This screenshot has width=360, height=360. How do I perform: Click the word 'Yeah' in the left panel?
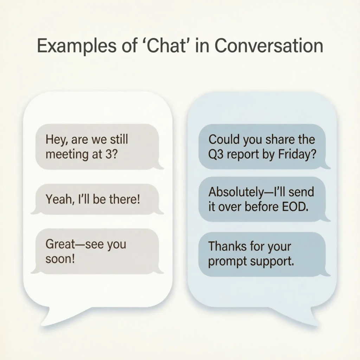(58, 200)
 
